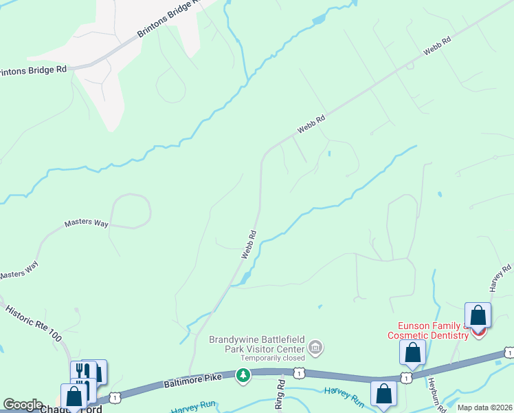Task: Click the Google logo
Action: coord(23,405)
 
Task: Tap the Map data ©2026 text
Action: coord(484,407)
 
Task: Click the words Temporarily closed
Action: coord(272,358)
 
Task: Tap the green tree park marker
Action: coord(243,375)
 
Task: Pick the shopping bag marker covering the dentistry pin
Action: coord(478,316)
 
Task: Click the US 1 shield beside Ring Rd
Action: coord(299,372)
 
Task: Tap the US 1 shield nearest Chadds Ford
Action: coord(115,398)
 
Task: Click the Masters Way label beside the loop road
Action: coord(87,223)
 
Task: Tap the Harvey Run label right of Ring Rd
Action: coord(344,394)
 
